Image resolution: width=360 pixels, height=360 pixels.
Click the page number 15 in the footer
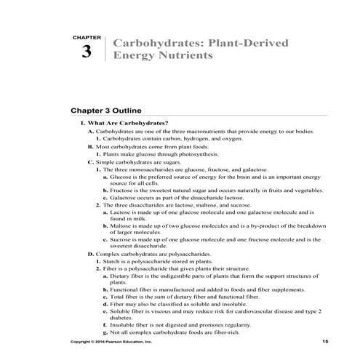pos(324,341)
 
